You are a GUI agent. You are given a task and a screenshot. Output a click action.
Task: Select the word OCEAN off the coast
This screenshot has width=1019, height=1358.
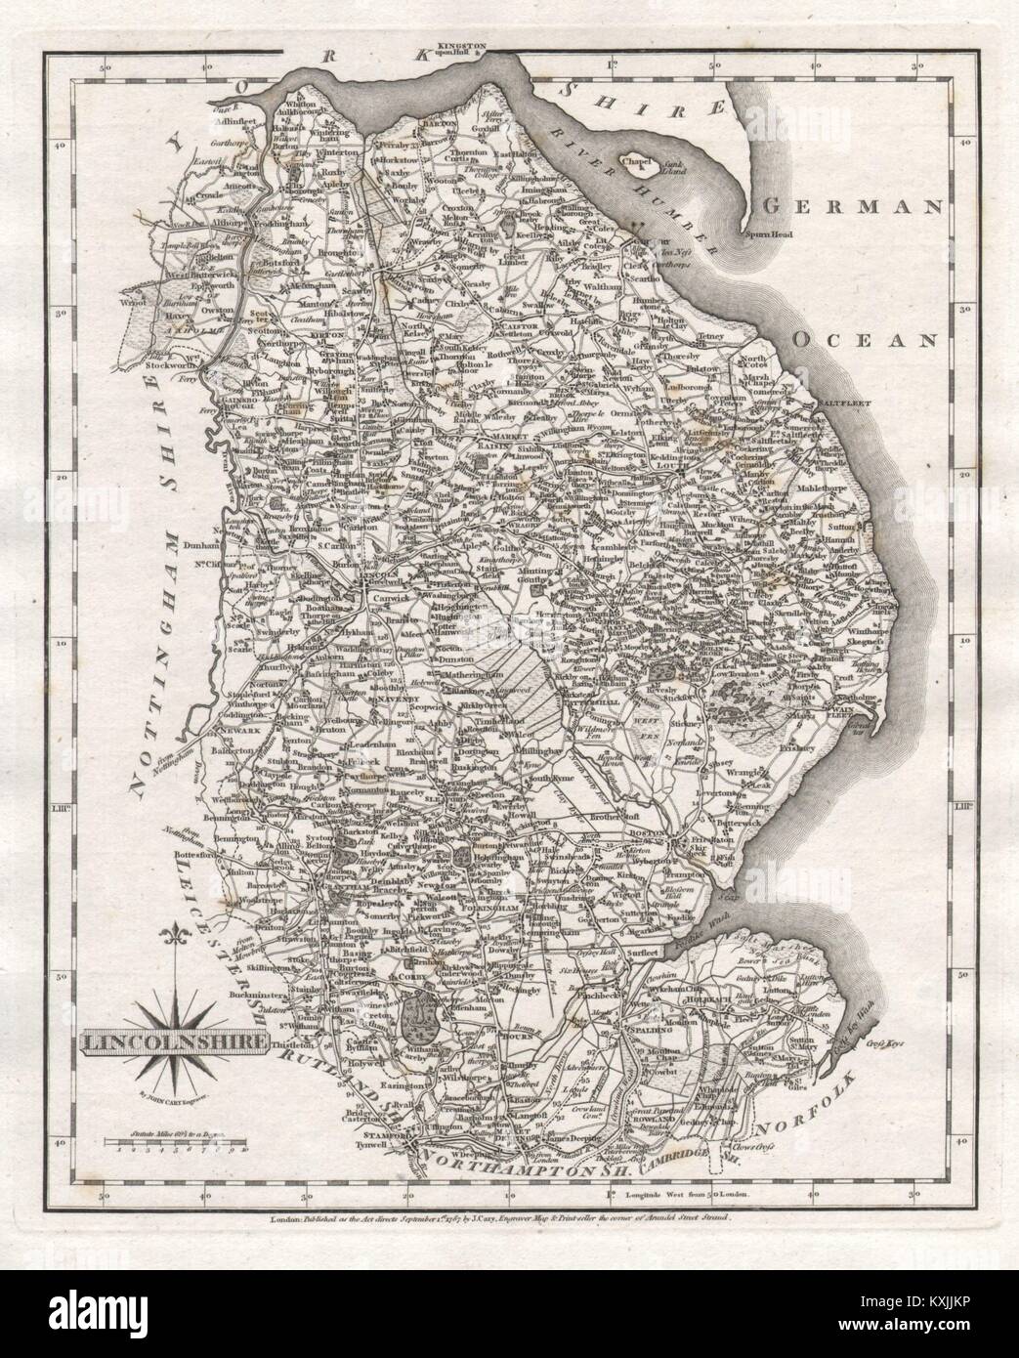click(x=864, y=339)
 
